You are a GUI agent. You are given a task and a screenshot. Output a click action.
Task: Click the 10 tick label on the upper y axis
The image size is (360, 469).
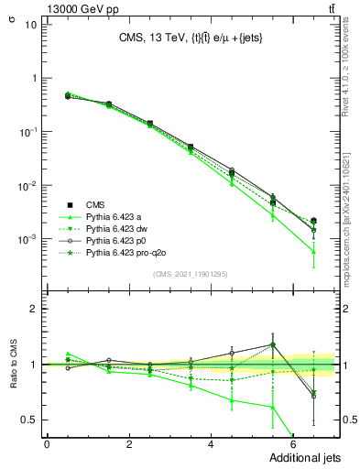(30, 24)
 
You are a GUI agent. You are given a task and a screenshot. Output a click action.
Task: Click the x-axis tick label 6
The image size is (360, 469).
(294, 444)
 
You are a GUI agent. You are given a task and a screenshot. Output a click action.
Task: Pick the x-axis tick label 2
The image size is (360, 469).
(129, 444)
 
